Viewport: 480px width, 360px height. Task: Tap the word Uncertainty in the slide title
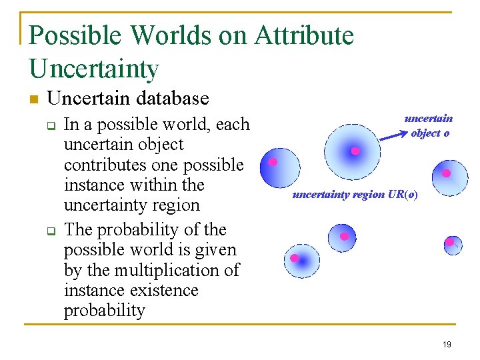[94, 69]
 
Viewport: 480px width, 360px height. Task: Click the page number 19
[446, 344]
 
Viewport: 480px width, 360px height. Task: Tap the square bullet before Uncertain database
[33, 100]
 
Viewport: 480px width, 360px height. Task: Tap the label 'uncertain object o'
[429, 125]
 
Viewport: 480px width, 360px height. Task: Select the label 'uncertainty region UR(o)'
[355, 195]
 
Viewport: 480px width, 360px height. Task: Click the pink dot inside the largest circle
[355, 151]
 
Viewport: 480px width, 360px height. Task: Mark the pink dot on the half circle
[273, 162]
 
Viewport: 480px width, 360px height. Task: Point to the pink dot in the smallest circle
[450, 241]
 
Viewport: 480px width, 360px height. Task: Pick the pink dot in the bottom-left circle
[294, 258]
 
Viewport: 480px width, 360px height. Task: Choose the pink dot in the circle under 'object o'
[446, 173]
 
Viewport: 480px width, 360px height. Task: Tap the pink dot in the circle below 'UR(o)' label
[344, 236]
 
